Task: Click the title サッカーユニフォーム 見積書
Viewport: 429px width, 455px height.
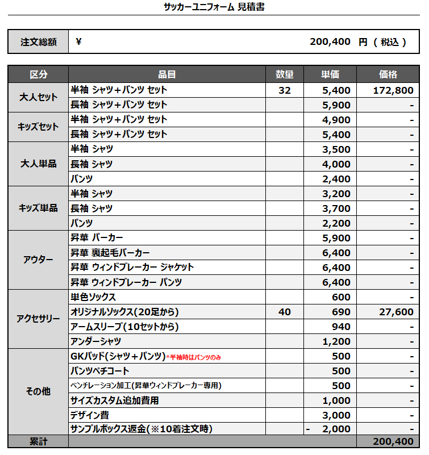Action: (x=214, y=7)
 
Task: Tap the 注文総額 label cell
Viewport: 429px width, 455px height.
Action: (x=39, y=42)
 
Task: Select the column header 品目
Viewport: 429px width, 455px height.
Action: (x=167, y=74)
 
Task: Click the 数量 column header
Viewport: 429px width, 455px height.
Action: (x=285, y=74)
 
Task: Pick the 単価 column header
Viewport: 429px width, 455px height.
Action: (x=330, y=74)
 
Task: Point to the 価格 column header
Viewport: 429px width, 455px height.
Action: (x=388, y=74)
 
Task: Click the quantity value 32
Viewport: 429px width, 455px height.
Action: (x=285, y=90)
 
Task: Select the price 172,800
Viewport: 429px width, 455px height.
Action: (x=393, y=90)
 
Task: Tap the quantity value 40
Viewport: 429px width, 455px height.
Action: (x=285, y=312)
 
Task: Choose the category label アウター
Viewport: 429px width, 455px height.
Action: (x=39, y=260)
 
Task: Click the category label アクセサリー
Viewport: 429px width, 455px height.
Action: (x=39, y=319)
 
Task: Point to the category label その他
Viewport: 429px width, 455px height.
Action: (x=39, y=391)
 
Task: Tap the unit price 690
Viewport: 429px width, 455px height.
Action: (x=341, y=312)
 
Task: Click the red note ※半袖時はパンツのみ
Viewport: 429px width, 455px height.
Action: (x=193, y=357)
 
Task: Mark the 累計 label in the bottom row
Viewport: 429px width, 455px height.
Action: (x=39, y=441)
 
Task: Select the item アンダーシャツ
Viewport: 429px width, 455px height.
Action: (x=95, y=341)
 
